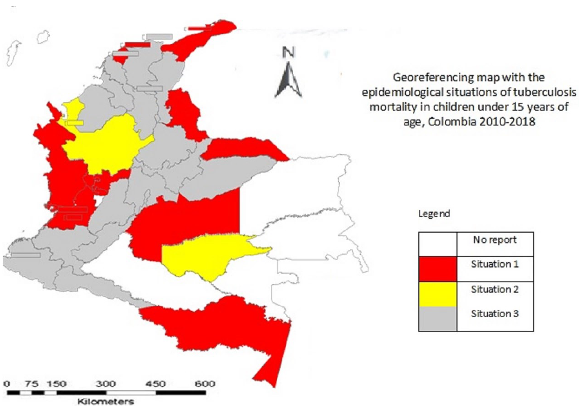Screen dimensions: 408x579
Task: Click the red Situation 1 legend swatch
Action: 437,269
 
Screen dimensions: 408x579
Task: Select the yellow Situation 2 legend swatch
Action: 437,294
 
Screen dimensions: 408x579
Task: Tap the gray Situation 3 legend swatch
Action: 437,319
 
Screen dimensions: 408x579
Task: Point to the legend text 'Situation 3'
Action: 495,314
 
